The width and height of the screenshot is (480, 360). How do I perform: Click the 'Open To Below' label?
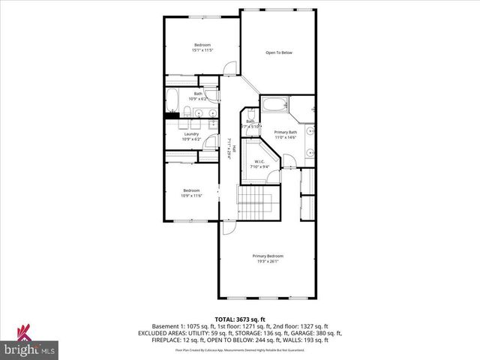[x=277, y=52]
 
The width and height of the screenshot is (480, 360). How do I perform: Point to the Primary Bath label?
[x=286, y=132]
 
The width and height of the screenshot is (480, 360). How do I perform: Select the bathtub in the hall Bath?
[x=172, y=97]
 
